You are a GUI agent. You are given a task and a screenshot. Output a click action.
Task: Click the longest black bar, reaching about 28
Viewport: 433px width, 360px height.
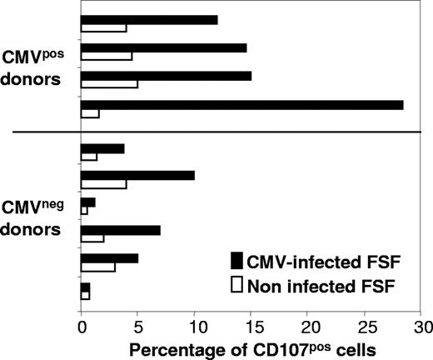coord(241,105)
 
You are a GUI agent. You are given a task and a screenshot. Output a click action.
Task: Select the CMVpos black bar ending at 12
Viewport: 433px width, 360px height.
coord(149,19)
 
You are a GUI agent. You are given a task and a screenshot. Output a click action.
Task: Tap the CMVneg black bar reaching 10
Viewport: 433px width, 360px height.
coord(137,175)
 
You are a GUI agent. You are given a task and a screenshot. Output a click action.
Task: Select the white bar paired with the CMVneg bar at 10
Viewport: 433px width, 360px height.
coord(103,184)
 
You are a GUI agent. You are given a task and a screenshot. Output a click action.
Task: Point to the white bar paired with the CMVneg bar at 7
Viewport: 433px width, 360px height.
coord(92,238)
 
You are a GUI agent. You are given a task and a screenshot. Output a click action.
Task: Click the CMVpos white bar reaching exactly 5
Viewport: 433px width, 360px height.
coord(109,83)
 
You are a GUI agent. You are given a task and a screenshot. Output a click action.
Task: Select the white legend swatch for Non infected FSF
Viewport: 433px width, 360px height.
coord(238,285)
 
